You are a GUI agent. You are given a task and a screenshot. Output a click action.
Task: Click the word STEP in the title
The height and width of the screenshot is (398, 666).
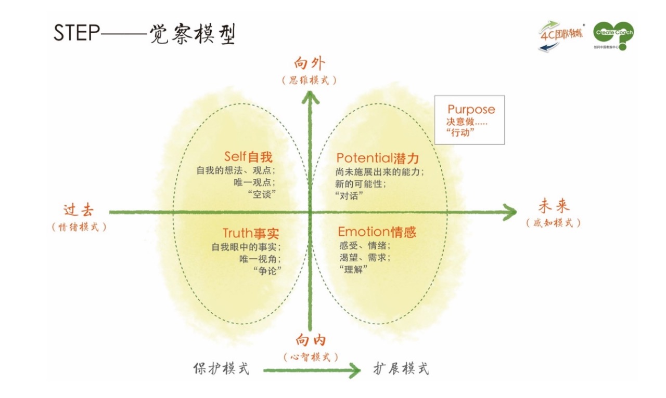pos(76,32)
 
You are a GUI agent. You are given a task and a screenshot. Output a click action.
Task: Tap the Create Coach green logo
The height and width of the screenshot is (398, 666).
pos(613,35)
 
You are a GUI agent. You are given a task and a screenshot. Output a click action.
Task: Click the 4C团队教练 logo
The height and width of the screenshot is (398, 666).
pos(561,36)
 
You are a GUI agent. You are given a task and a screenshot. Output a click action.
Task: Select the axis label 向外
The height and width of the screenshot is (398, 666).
pos(310,63)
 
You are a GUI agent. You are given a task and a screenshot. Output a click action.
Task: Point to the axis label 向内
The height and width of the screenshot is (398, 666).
pos(311,340)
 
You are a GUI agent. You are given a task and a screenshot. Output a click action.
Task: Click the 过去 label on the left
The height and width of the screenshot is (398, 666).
pos(79,210)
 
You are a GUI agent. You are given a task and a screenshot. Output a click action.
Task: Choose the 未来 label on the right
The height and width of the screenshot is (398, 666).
pos(554,206)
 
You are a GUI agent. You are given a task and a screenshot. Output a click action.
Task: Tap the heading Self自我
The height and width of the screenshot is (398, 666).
pos(248,156)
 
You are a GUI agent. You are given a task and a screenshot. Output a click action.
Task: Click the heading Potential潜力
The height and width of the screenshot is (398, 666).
pos(378,158)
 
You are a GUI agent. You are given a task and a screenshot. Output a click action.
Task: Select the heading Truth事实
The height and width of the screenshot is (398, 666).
pos(251,233)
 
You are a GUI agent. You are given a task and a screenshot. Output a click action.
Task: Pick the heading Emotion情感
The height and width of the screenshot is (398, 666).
pos(377,232)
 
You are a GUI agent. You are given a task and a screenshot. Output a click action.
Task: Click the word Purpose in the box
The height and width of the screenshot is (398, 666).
pos(471,110)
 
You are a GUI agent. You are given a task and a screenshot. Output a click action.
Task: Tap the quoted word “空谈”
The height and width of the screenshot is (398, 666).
pos(262,194)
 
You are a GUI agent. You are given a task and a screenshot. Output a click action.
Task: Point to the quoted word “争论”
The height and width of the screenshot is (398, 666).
pos(267,271)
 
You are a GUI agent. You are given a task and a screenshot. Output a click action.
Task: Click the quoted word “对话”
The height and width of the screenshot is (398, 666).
pos(349,196)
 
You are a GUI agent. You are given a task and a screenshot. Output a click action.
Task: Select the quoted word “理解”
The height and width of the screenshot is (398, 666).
pos(353,269)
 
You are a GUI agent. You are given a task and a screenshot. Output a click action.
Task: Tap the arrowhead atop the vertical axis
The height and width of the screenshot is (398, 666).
pos(311,97)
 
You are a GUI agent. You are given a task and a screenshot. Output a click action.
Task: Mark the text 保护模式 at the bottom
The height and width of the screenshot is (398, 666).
pos(221,368)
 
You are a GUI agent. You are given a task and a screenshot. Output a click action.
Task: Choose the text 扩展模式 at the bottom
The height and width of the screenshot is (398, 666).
pos(401,368)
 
